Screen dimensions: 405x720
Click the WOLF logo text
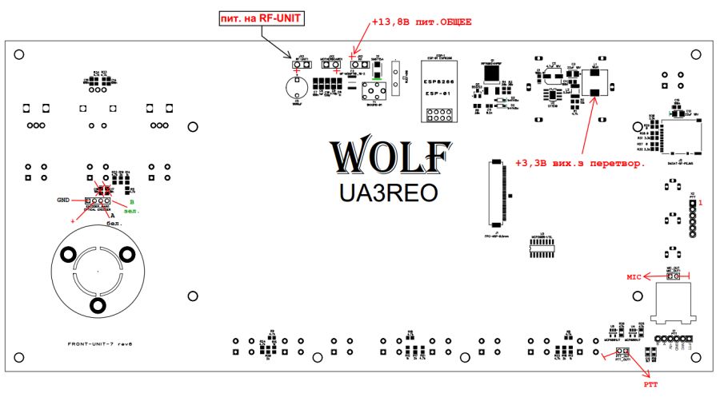coord(390,157)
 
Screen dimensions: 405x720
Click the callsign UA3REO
coord(389,193)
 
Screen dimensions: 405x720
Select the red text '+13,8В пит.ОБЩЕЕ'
coord(421,22)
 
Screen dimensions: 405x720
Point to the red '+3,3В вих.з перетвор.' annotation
coord(579,164)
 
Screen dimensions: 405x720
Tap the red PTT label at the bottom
coord(651,383)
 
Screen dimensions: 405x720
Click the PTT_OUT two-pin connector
coord(622,352)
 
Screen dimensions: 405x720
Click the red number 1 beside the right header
coord(701,204)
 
